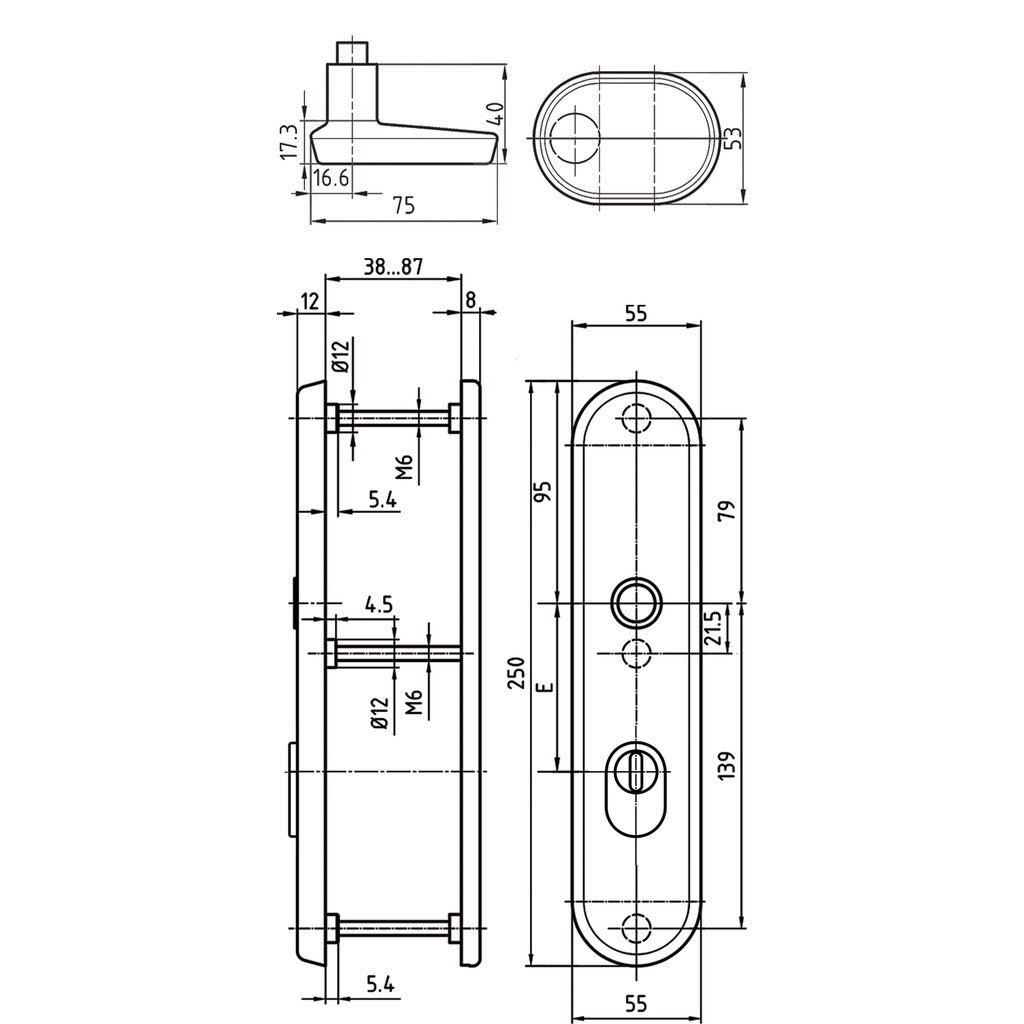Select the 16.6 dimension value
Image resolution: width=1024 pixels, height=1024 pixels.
[330, 179]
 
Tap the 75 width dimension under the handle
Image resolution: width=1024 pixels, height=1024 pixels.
[403, 205]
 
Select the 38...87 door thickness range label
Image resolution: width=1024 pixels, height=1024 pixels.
[393, 267]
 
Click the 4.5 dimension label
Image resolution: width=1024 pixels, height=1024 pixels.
[378, 604]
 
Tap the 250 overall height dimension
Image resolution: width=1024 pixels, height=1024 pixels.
[517, 677]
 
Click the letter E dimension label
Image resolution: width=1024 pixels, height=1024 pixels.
[543, 688]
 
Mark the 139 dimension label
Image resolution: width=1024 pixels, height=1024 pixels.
[727, 766]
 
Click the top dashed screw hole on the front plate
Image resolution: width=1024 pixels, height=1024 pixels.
[636, 419]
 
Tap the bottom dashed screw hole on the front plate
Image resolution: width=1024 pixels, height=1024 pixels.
[636, 928]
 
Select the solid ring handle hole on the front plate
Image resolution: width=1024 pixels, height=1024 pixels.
[636, 603]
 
